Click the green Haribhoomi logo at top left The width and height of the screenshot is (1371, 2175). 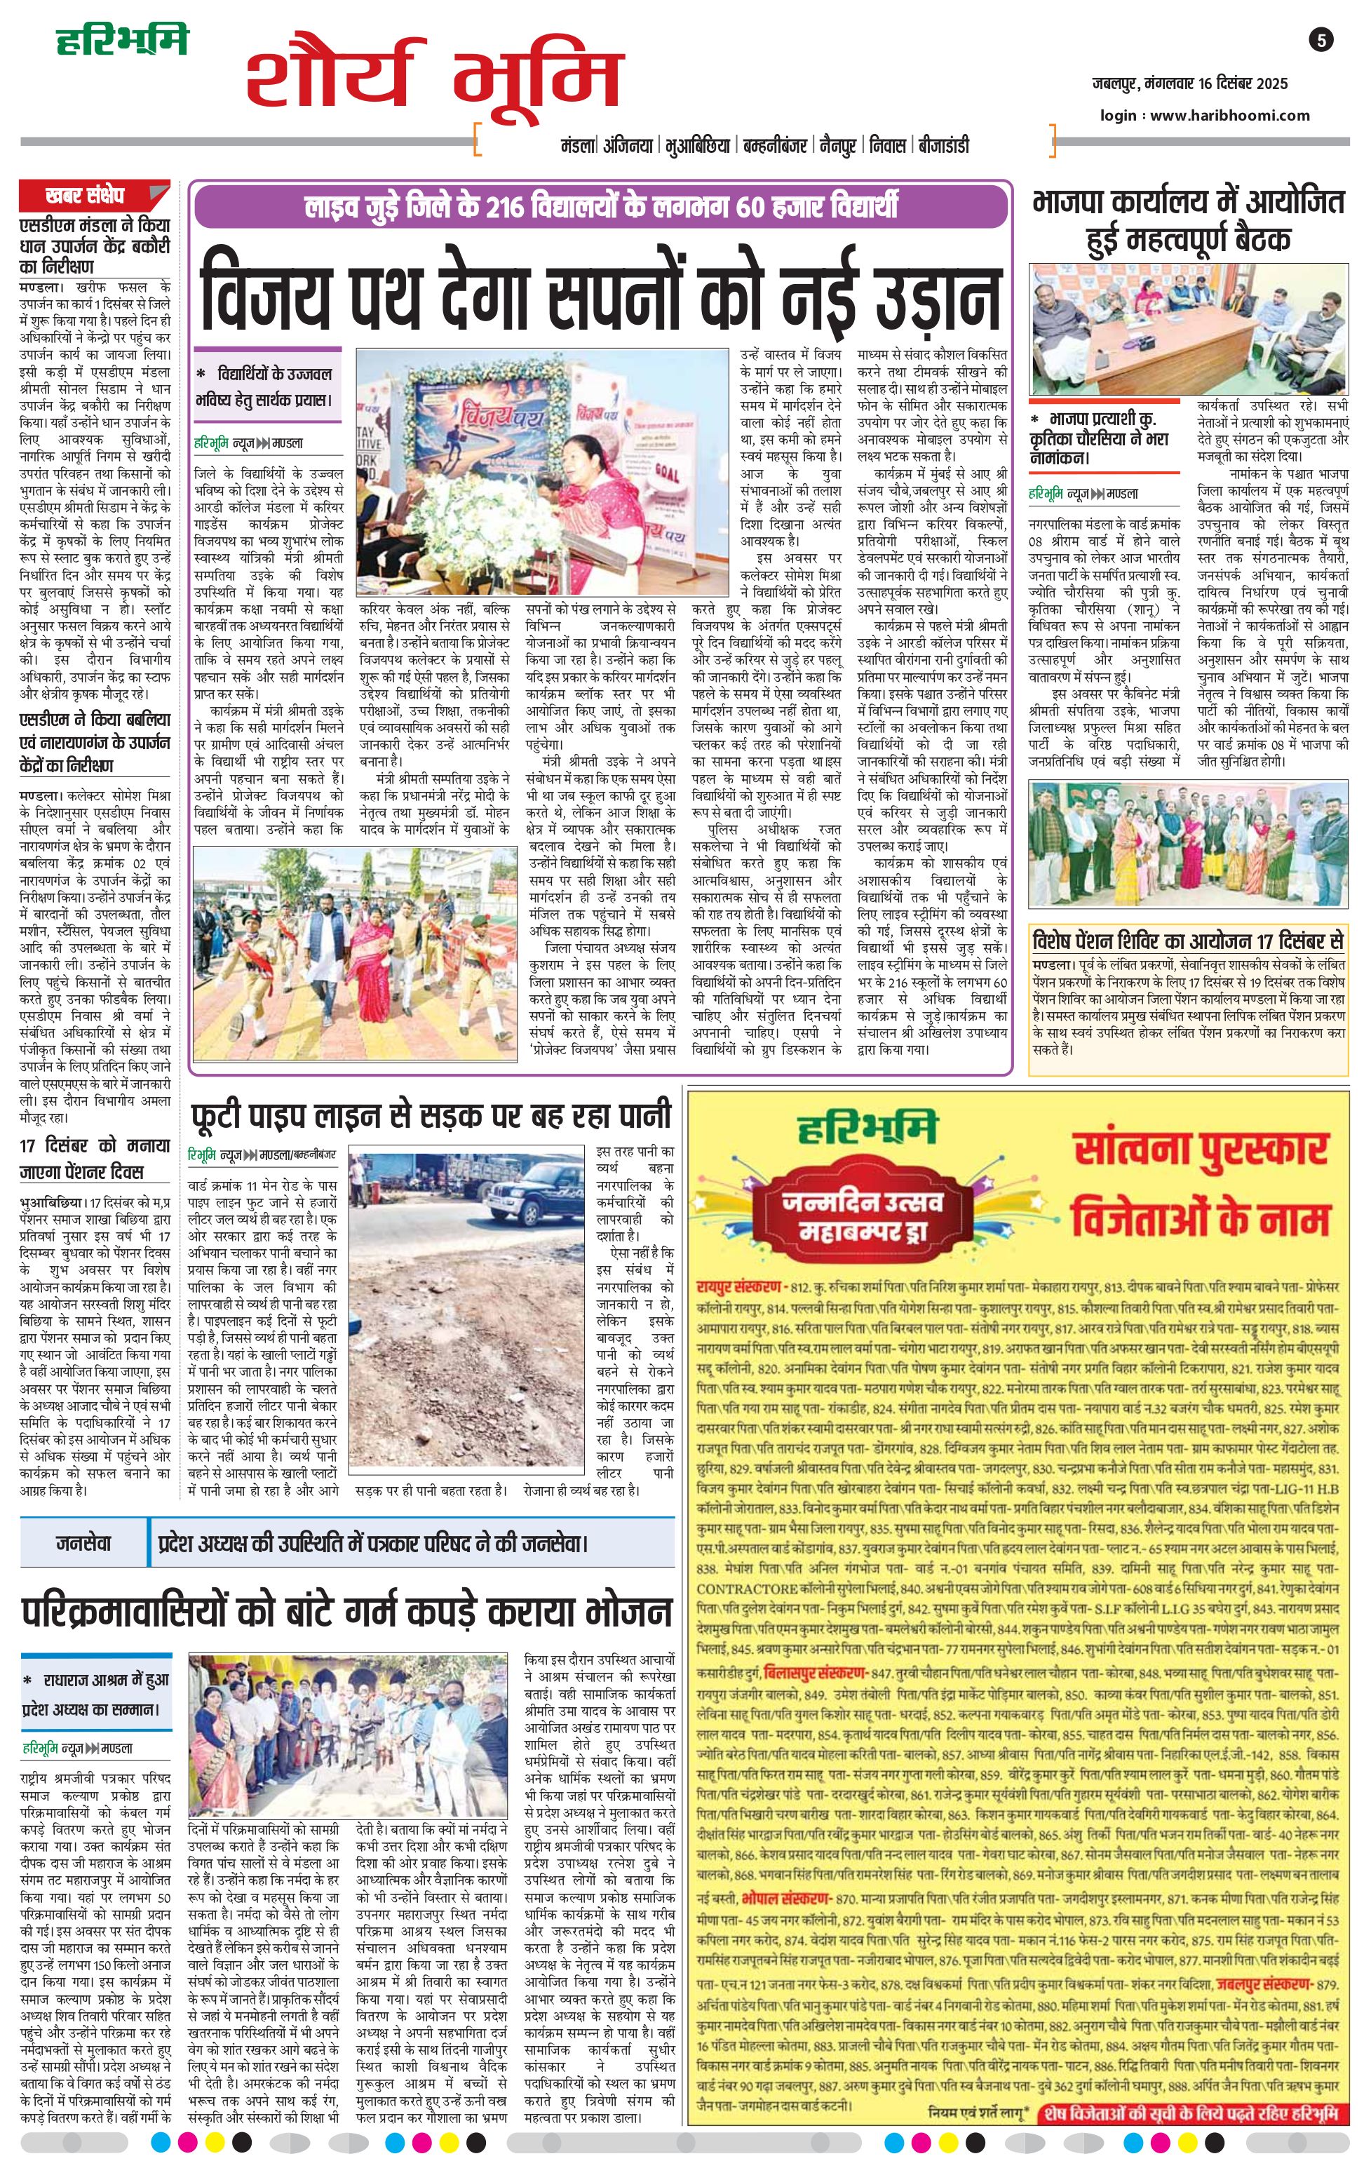122,41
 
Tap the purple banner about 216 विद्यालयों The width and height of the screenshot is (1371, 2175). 600,206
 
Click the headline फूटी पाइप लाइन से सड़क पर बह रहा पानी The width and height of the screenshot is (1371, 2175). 431,1115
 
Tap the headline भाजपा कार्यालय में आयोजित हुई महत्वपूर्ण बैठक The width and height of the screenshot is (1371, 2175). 1189,220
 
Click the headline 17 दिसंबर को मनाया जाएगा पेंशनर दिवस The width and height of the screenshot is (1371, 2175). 95,1158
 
